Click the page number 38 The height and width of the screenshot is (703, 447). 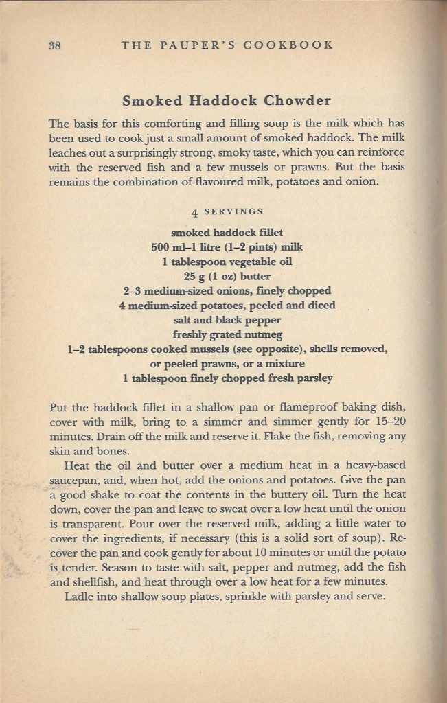[x=56, y=45]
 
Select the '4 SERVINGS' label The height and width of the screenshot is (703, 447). [x=227, y=211]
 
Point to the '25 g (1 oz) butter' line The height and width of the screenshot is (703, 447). [x=227, y=276]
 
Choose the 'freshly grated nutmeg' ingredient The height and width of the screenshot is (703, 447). [x=227, y=334]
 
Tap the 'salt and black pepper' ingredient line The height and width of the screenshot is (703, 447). [x=227, y=319]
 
